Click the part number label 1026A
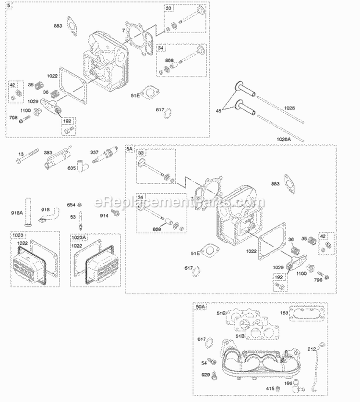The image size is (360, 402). (285, 139)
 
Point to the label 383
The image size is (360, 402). (48, 153)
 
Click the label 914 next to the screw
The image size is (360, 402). (104, 216)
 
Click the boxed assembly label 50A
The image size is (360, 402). (201, 306)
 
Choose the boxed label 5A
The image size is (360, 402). (130, 149)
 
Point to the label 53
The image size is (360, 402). (72, 217)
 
